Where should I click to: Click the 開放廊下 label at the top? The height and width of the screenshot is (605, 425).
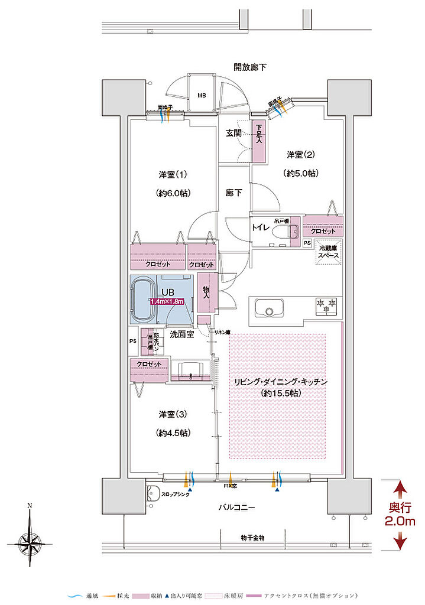(250, 67)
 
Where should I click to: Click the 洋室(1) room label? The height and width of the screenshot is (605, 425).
(173, 175)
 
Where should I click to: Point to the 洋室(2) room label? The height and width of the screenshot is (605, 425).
(301, 155)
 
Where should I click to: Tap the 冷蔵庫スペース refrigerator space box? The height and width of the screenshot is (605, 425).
(329, 252)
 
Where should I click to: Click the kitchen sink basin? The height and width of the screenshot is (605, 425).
(268, 308)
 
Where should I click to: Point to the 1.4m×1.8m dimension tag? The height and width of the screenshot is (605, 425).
(167, 301)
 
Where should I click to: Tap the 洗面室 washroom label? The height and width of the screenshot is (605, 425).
(182, 334)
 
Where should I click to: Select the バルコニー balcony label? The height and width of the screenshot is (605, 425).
(237, 508)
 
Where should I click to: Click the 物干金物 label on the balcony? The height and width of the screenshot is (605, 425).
(252, 538)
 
